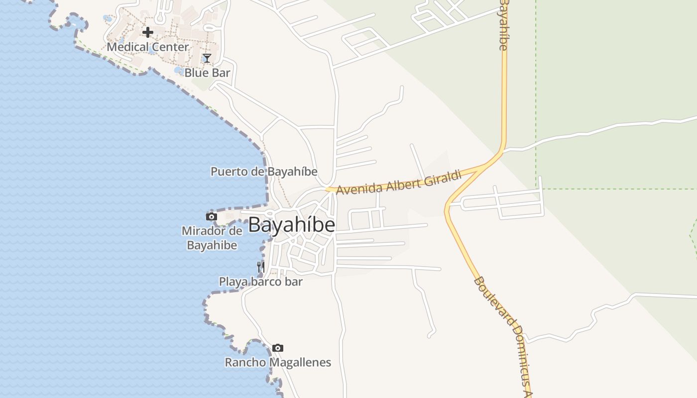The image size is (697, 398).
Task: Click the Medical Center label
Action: point(148,47)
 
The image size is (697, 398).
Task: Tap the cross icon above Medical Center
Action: point(148,32)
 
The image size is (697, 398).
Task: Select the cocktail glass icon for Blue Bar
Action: point(207,58)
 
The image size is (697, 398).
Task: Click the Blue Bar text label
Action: point(207,73)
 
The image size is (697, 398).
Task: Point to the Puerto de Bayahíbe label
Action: point(264,172)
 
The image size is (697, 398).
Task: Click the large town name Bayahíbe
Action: point(291,225)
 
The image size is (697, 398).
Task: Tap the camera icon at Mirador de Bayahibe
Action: point(212,216)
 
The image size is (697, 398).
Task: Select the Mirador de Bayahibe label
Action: point(212,238)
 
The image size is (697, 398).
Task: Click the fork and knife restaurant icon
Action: point(260,267)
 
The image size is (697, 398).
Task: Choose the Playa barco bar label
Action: point(261,282)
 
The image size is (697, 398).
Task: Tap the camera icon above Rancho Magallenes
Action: point(278,348)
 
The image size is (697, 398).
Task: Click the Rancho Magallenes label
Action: point(278,362)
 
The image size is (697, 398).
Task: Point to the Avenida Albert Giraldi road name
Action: point(399,183)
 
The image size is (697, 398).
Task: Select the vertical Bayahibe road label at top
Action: point(503,25)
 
